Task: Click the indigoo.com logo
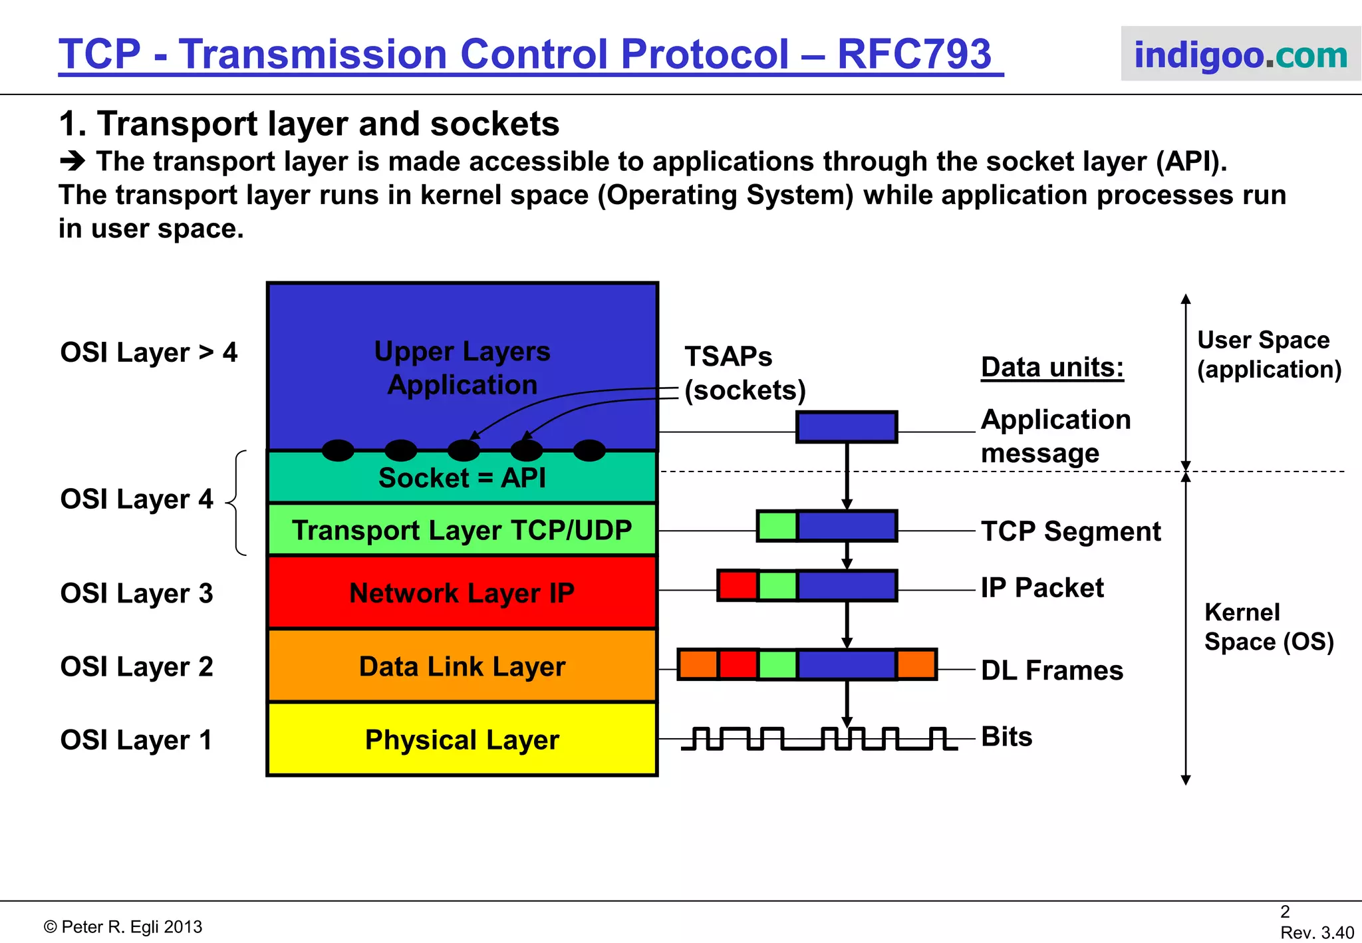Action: coord(1240,55)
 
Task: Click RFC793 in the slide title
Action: coord(914,54)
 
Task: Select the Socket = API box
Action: coord(462,478)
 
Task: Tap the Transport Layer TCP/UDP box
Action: coord(462,531)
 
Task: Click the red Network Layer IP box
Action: coord(462,593)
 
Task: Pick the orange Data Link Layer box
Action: coord(462,666)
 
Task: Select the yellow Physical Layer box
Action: coord(462,740)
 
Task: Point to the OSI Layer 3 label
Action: coord(136,593)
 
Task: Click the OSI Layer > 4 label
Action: coord(148,352)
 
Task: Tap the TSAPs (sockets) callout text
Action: coord(744,374)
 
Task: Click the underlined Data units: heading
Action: coord(1052,367)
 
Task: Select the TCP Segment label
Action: coord(1071,531)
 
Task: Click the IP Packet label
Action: coord(1042,588)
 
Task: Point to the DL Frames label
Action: coord(1052,670)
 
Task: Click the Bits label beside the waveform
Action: coord(1007,737)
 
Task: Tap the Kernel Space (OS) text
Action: coord(1268,626)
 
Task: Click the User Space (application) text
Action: coord(1268,354)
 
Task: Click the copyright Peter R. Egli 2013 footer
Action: coord(123,926)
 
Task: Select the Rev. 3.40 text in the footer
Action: coord(1316,932)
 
